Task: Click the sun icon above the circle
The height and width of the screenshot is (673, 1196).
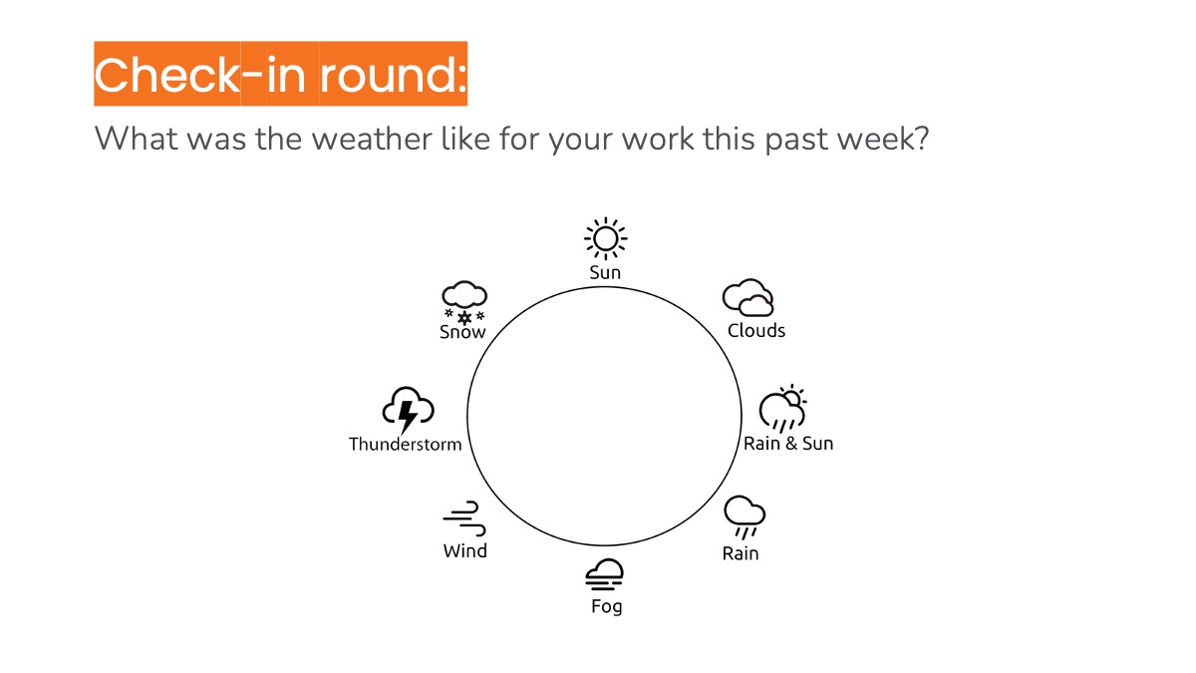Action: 605,239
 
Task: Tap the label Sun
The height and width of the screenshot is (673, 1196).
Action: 605,272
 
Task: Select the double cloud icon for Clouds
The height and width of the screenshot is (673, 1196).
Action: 748,298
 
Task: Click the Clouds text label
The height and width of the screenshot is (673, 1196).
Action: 756,331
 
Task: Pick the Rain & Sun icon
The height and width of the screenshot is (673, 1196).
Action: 782,409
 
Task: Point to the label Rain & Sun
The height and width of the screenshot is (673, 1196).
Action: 788,444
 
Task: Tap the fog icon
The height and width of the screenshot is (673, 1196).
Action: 605,575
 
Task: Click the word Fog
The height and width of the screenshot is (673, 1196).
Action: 606,606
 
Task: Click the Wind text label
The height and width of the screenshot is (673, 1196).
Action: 465,551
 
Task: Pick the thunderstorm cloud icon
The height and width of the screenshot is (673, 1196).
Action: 409,409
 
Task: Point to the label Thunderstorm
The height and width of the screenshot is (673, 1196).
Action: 406,444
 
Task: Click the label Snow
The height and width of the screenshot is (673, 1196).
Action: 462,333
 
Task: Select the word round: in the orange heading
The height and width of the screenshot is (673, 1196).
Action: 394,75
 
